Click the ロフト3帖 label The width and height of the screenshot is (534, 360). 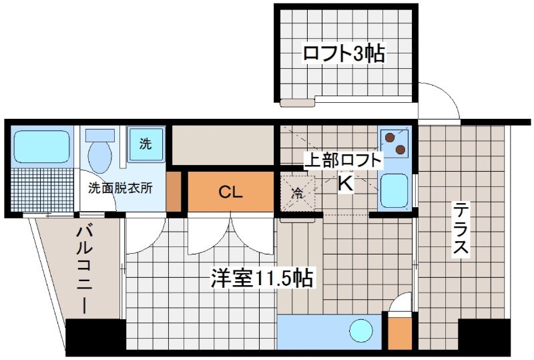pyautogui.click(x=344, y=53)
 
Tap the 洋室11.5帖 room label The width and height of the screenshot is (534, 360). pyautogui.click(x=262, y=279)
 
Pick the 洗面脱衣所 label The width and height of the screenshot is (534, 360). pyautogui.click(x=121, y=188)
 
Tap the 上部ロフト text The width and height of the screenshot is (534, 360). pyautogui.click(x=343, y=160)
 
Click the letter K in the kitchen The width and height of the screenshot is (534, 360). pyautogui.click(x=344, y=183)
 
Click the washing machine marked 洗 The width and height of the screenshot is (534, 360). pyautogui.click(x=145, y=143)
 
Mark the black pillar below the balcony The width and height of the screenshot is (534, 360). pyautogui.click(x=95, y=336)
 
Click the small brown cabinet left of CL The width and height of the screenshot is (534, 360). pyautogui.click(x=174, y=192)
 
